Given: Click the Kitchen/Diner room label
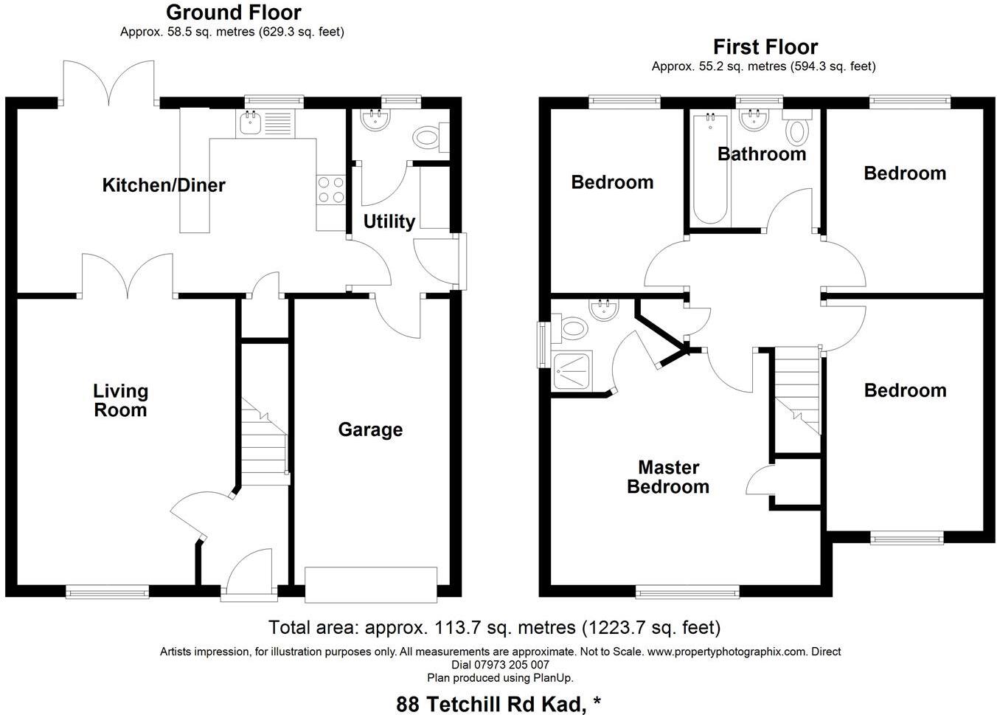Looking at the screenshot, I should pos(163,184).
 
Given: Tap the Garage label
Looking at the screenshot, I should pos(370,429).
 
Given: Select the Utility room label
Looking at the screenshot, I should pos(389,221).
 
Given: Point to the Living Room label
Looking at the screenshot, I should pos(120,401).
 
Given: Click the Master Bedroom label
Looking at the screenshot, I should pos(668,477).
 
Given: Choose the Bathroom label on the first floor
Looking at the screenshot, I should pos(761,154).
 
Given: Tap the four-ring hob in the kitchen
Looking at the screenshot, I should pos(331,190).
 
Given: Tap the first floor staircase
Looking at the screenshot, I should pos(797,391).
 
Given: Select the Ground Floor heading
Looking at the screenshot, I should pos(233,13).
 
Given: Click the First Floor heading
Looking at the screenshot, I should pos(765,47).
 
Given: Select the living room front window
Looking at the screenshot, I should pos(107,590).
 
